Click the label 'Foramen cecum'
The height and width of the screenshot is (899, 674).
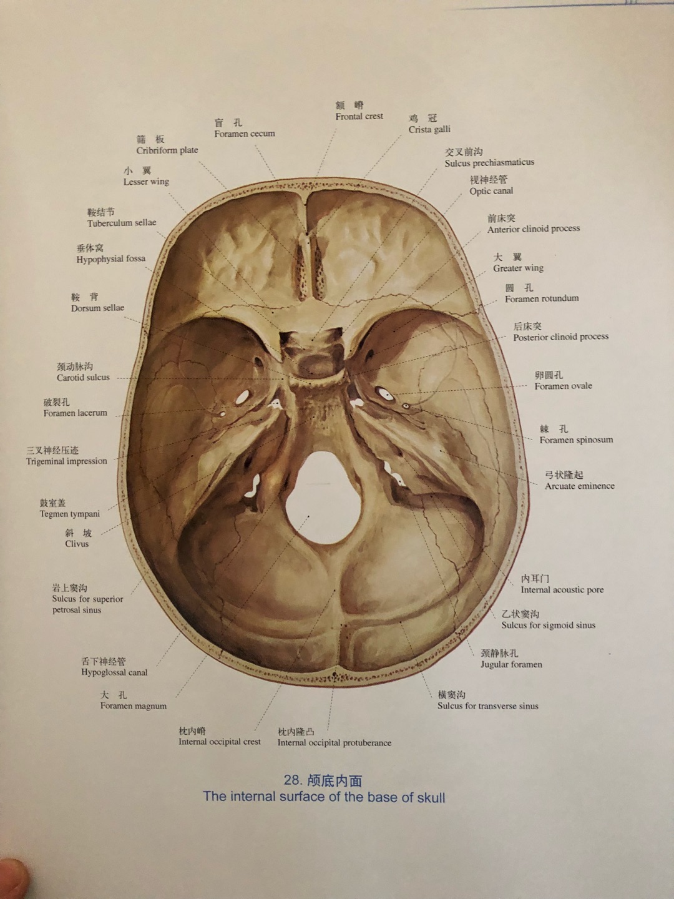[x=244, y=134]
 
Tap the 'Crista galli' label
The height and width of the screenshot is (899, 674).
[x=429, y=129]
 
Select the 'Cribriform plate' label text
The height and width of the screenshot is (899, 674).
[x=167, y=150]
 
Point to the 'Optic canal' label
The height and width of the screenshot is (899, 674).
[x=491, y=191]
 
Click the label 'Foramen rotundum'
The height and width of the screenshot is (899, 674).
[x=542, y=298]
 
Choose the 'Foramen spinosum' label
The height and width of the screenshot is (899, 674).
[x=576, y=440]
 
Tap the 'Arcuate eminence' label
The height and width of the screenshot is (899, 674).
[x=579, y=486]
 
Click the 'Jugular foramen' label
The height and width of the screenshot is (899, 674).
[x=511, y=664]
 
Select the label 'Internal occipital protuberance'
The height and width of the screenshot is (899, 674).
[x=335, y=742]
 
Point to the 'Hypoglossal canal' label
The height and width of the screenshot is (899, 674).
[x=114, y=672]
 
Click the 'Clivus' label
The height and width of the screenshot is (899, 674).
[x=77, y=544]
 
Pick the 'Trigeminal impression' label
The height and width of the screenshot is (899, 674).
[x=67, y=461]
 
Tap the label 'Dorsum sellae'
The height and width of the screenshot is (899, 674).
[x=97, y=308]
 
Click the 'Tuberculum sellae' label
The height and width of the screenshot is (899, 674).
[x=122, y=223]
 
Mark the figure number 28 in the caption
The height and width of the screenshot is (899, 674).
[x=292, y=780]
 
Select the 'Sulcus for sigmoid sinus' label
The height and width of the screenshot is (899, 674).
[x=548, y=625]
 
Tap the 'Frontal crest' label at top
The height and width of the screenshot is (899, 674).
[x=359, y=116]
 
